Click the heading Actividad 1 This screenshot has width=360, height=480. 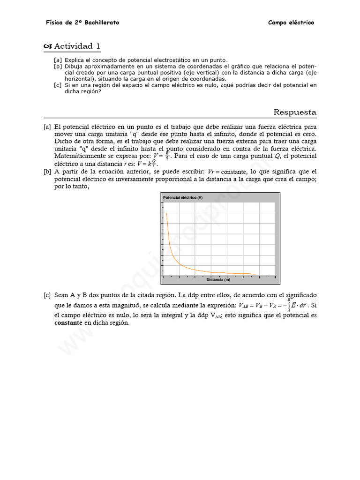point(77,46)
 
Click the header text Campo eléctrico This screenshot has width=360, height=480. point(291,22)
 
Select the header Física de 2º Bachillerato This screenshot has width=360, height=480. point(82,22)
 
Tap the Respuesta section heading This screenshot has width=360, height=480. point(295,112)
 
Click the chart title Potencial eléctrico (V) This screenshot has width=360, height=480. point(183,198)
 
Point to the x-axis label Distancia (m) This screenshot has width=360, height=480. point(218,280)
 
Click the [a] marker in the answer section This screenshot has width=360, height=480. point(47,127)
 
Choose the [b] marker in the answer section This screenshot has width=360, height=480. point(47,172)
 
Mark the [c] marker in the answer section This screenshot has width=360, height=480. point(47,295)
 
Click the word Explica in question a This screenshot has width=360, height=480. point(74,60)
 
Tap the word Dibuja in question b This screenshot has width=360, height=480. point(74,67)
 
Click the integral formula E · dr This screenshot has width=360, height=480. point(298,305)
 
